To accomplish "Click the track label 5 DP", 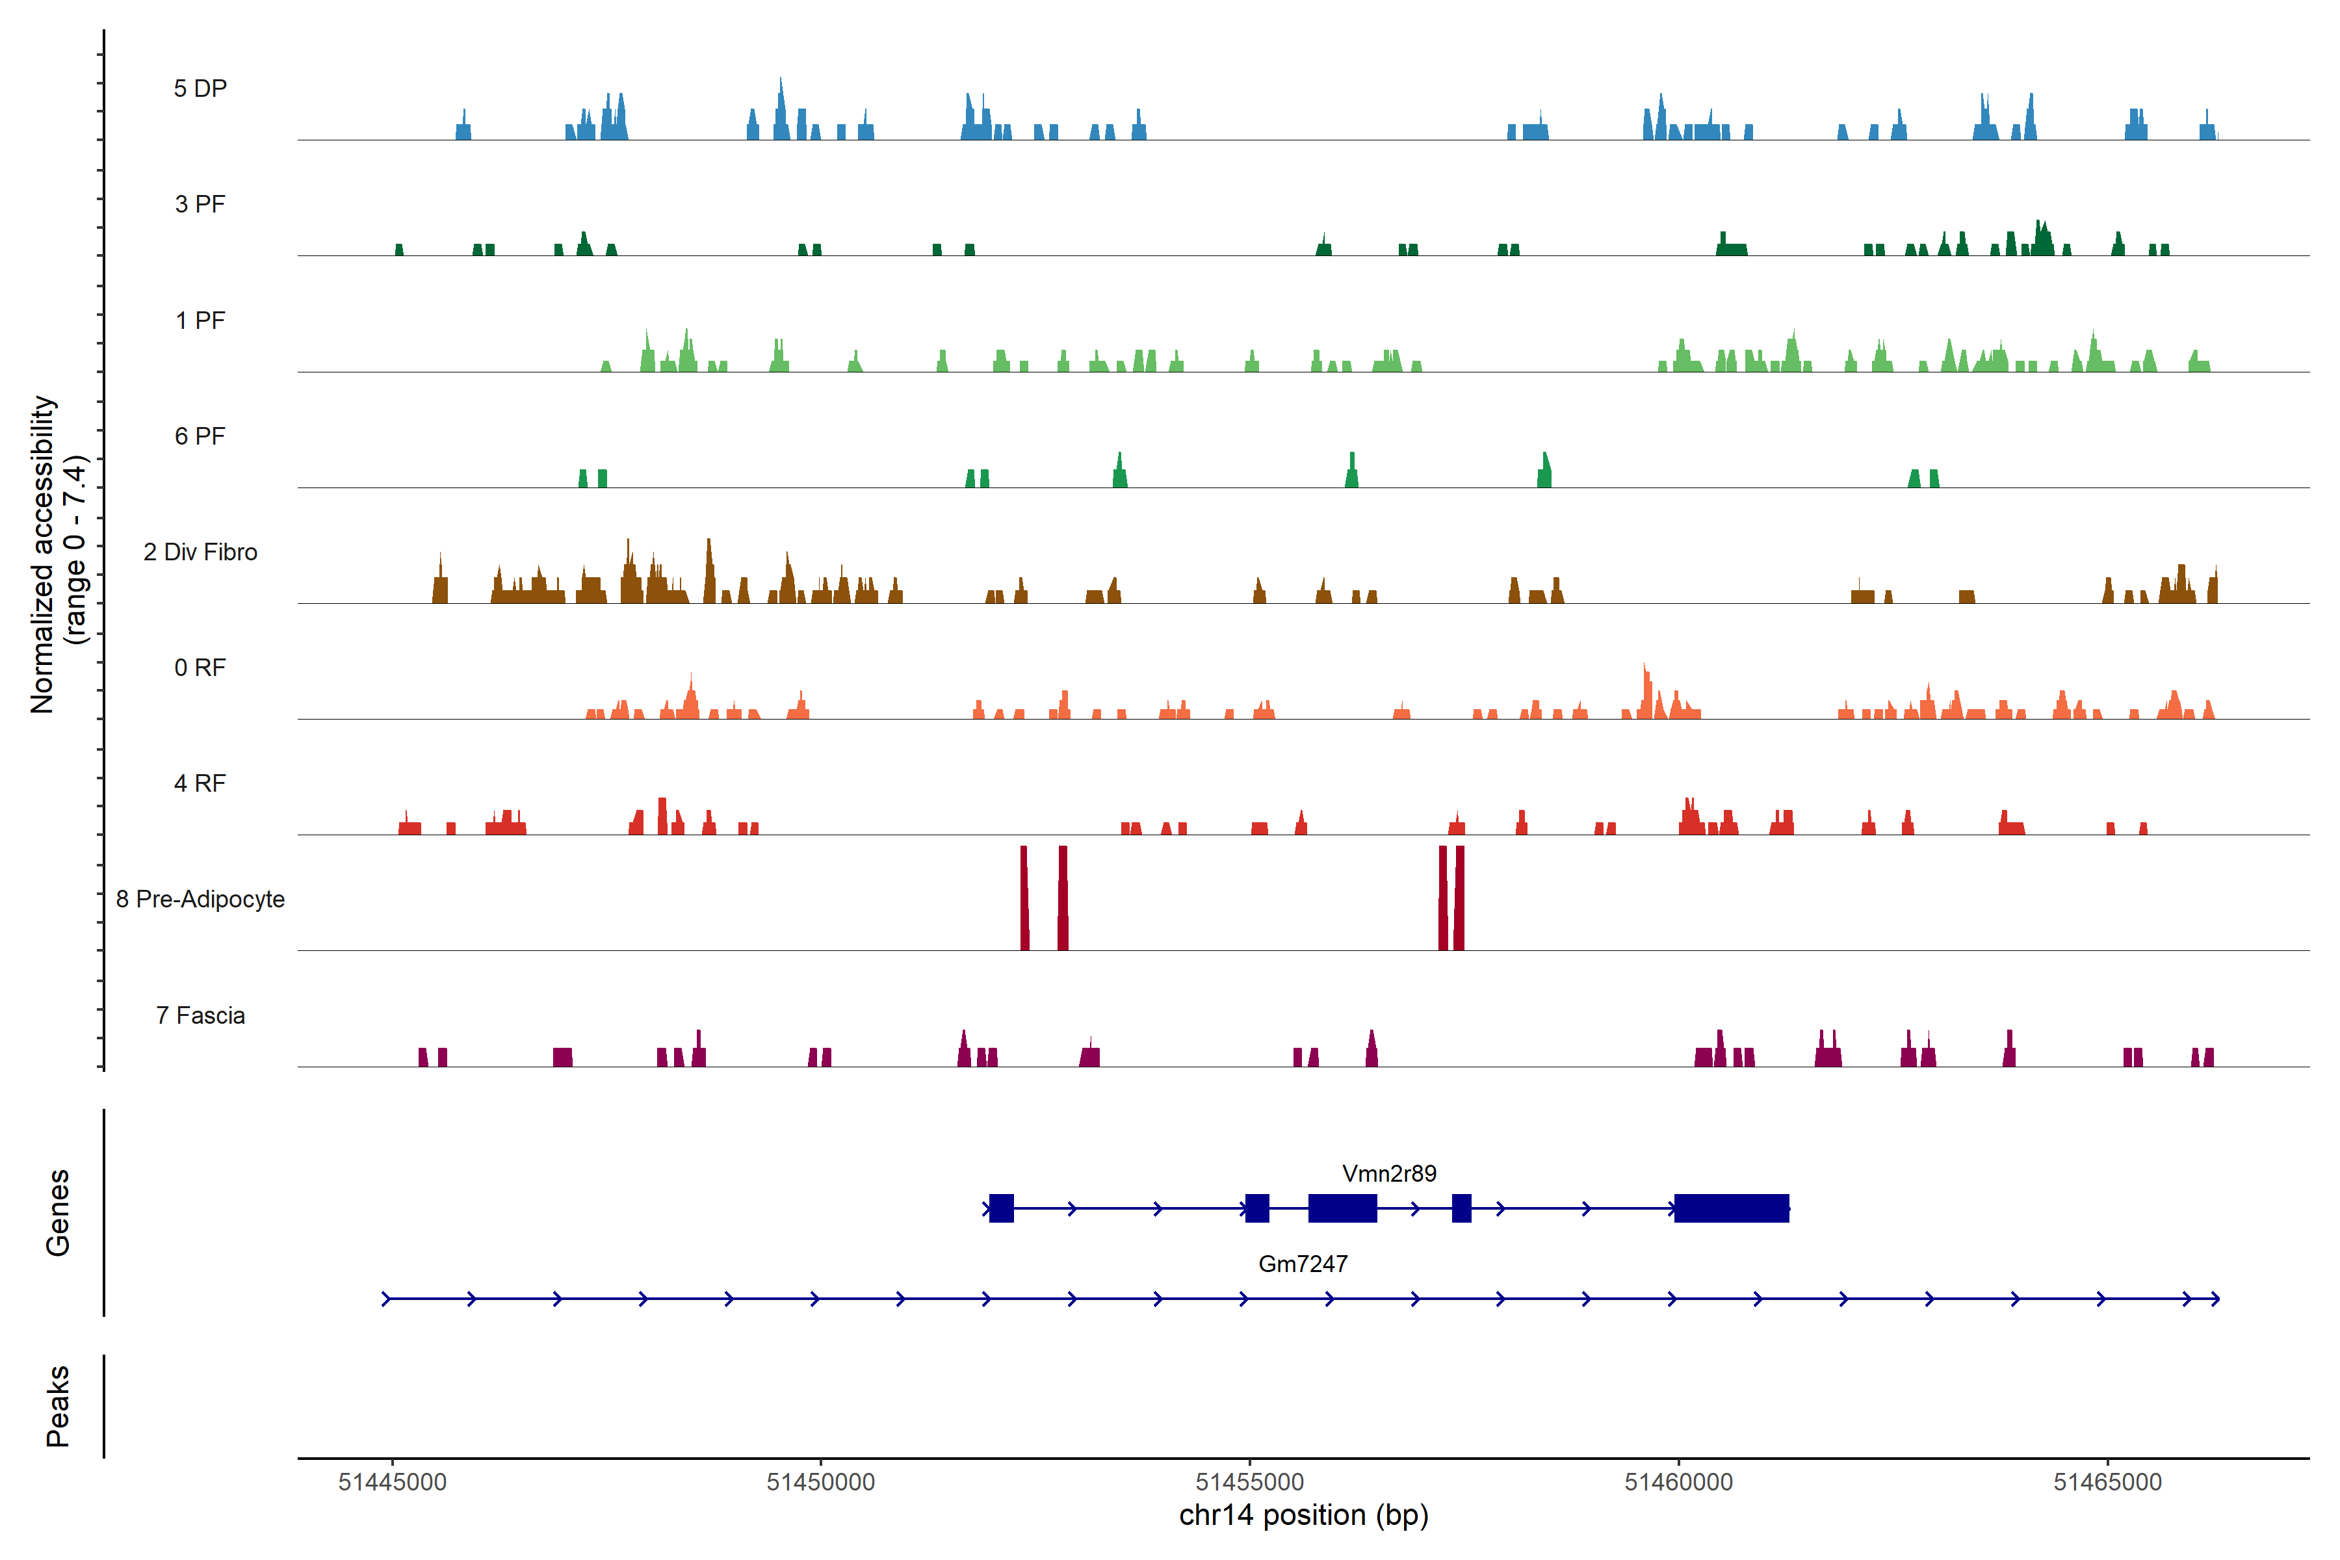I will click(200, 88).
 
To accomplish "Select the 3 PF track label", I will click(200, 204).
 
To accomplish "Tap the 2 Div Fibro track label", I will click(200, 552).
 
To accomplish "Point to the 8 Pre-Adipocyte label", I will click(200, 900).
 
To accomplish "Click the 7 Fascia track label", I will click(200, 1016).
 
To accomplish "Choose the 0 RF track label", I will click(200, 668).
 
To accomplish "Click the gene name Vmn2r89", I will click(1389, 1174).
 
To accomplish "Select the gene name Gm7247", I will click(1303, 1264).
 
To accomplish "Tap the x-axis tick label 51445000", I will click(392, 1483).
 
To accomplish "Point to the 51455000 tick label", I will click(1249, 1483).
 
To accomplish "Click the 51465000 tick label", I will click(2107, 1483).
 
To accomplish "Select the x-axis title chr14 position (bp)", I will click(1303, 1515).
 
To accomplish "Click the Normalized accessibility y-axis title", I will click(58, 554).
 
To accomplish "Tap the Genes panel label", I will click(58, 1213).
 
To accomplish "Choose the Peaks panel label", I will click(58, 1406).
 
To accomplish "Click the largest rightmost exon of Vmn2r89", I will click(1731, 1209).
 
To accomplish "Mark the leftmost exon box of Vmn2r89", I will click(1001, 1209).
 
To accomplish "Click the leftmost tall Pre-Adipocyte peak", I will click(1025, 898).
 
